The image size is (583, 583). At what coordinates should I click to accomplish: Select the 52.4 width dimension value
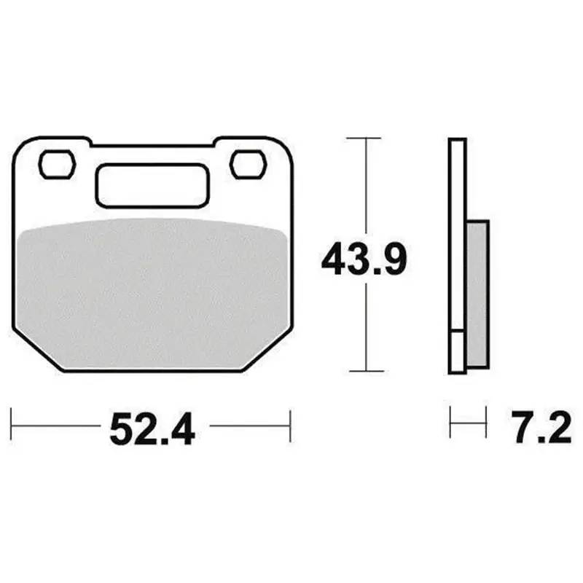(152, 429)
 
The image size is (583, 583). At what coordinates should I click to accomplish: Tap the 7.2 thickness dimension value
(541, 427)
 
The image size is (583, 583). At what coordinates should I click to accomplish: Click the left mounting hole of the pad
(58, 164)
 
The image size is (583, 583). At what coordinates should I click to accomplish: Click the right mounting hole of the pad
(248, 164)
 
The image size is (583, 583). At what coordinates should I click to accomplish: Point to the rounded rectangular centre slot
(152, 185)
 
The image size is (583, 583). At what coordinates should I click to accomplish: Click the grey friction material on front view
(152, 294)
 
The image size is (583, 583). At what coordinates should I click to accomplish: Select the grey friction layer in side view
(477, 294)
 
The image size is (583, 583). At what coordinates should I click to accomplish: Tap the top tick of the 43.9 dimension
(364, 138)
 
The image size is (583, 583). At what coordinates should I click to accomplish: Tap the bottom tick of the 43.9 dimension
(367, 371)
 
